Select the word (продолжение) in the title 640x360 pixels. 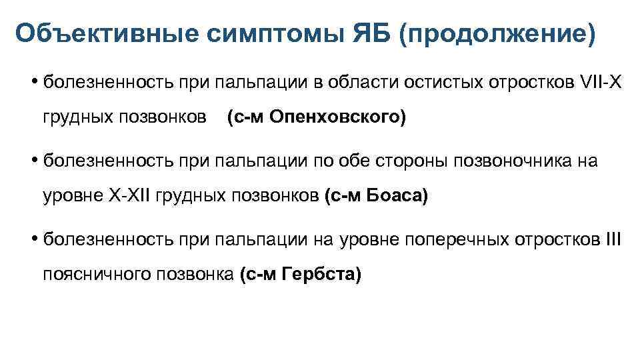(x=497, y=33)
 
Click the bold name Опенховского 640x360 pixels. (x=347, y=117)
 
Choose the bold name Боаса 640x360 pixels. (x=391, y=196)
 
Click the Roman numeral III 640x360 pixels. (x=612, y=239)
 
